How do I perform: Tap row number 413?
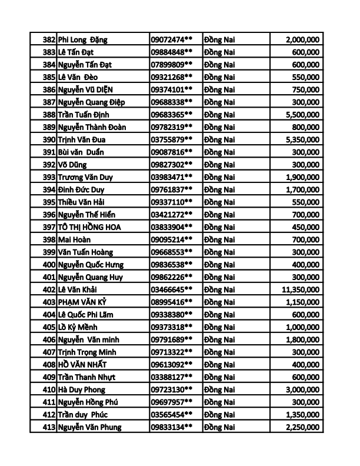pos(49,427)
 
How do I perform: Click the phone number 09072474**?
pos(172,39)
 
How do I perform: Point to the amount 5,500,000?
pos(302,115)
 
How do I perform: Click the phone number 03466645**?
pos(172,289)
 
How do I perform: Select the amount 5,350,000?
pos(302,139)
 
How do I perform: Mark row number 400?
pos(49,265)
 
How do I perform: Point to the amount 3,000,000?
pos(302,390)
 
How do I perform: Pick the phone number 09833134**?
pos(172,427)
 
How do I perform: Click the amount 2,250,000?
pos(302,427)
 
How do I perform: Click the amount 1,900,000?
pos(302,177)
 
